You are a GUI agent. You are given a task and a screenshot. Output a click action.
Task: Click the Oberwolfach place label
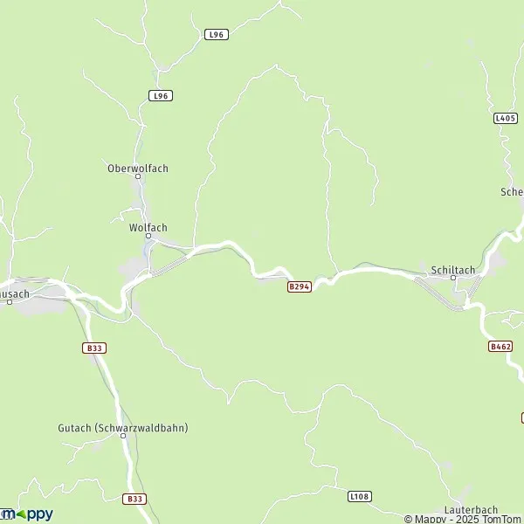(x=137, y=168)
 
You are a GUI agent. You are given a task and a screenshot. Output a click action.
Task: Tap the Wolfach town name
(x=148, y=227)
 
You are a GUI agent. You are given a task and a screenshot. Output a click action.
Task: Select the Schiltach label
(x=452, y=270)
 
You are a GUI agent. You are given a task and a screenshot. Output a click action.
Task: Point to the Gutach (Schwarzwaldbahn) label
(x=123, y=428)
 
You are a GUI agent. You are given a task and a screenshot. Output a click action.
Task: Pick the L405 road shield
(x=505, y=118)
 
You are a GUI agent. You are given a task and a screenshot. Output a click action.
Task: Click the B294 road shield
(x=300, y=286)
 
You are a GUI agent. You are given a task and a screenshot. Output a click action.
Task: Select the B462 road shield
(x=500, y=347)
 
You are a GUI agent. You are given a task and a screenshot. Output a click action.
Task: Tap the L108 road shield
(x=360, y=496)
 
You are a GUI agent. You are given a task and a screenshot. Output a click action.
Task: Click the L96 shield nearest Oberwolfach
(x=160, y=95)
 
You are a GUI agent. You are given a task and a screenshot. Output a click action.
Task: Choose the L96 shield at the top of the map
(x=217, y=34)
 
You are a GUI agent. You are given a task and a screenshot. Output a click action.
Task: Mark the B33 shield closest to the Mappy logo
(x=134, y=499)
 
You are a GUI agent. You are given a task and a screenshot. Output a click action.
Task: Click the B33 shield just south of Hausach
(x=95, y=348)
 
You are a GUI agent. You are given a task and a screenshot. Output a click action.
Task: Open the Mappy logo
(x=26, y=514)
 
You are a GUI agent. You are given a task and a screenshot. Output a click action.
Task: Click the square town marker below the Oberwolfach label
(x=137, y=176)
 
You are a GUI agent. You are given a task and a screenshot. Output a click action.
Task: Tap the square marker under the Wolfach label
(x=148, y=236)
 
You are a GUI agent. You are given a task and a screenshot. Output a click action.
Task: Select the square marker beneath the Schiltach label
(x=452, y=279)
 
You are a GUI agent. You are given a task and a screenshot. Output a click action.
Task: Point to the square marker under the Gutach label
(x=123, y=436)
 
